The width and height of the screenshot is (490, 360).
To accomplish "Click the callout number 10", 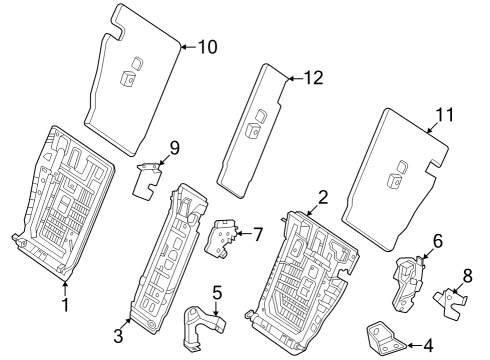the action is (x=208, y=47).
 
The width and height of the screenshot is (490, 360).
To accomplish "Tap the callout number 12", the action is (x=314, y=78).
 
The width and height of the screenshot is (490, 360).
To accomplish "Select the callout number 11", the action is (x=445, y=115).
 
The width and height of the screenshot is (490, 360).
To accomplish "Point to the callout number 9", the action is (x=175, y=148).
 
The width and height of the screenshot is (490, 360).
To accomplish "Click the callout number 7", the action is (x=258, y=234).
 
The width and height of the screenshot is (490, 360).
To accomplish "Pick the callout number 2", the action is (x=323, y=197).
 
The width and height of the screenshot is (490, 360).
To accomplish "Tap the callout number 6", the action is (x=438, y=241).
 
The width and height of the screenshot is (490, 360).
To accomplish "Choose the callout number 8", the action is (x=468, y=276).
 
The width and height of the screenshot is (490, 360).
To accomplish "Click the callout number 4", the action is (x=428, y=346).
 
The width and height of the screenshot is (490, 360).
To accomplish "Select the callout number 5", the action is (x=217, y=293).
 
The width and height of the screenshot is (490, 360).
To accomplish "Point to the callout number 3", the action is (x=118, y=336).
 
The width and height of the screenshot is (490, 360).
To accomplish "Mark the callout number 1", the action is (x=65, y=305).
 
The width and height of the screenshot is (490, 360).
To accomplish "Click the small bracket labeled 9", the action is (x=147, y=180).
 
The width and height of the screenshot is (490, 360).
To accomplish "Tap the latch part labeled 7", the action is (x=220, y=238).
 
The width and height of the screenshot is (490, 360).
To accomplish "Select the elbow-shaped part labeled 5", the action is (x=202, y=325).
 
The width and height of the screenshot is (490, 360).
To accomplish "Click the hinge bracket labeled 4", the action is (x=385, y=337).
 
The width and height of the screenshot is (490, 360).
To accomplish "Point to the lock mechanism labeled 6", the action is (x=407, y=283).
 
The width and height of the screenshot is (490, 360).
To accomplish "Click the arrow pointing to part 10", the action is (x=189, y=47).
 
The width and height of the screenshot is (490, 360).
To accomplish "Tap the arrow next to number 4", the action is (x=414, y=345).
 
